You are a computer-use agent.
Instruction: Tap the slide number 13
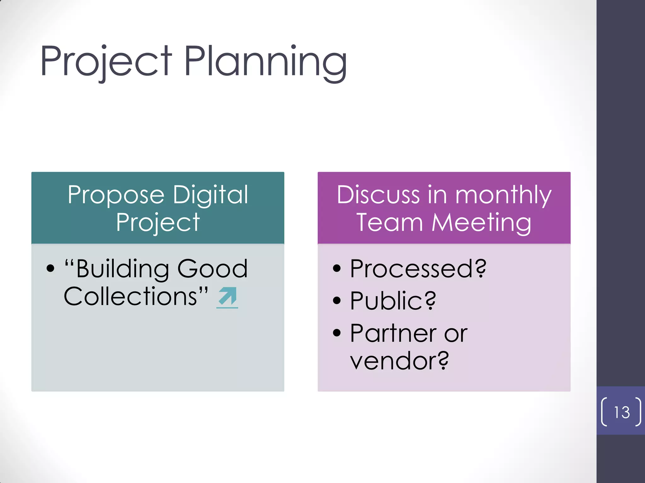pyautogui.click(x=622, y=412)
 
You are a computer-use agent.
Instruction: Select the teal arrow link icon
pyautogui.click(x=227, y=297)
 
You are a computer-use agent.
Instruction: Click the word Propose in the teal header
pyautogui.click(x=116, y=195)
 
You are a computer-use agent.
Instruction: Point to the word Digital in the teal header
pyautogui.click(x=210, y=195)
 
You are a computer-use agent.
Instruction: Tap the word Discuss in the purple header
pyautogui.click(x=378, y=195)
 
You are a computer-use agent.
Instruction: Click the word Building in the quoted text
pyautogui.click(x=123, y=269)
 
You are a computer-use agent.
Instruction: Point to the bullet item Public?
pyautogui.click(x=393, y=301)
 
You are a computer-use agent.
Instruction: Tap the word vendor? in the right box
pyautogui.click(x=399, y=361)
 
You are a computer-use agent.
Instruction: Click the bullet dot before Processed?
pyautogui.click(x=337, y=269)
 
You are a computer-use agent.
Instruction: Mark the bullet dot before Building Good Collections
pyautogui.click(x=50, y=269)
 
